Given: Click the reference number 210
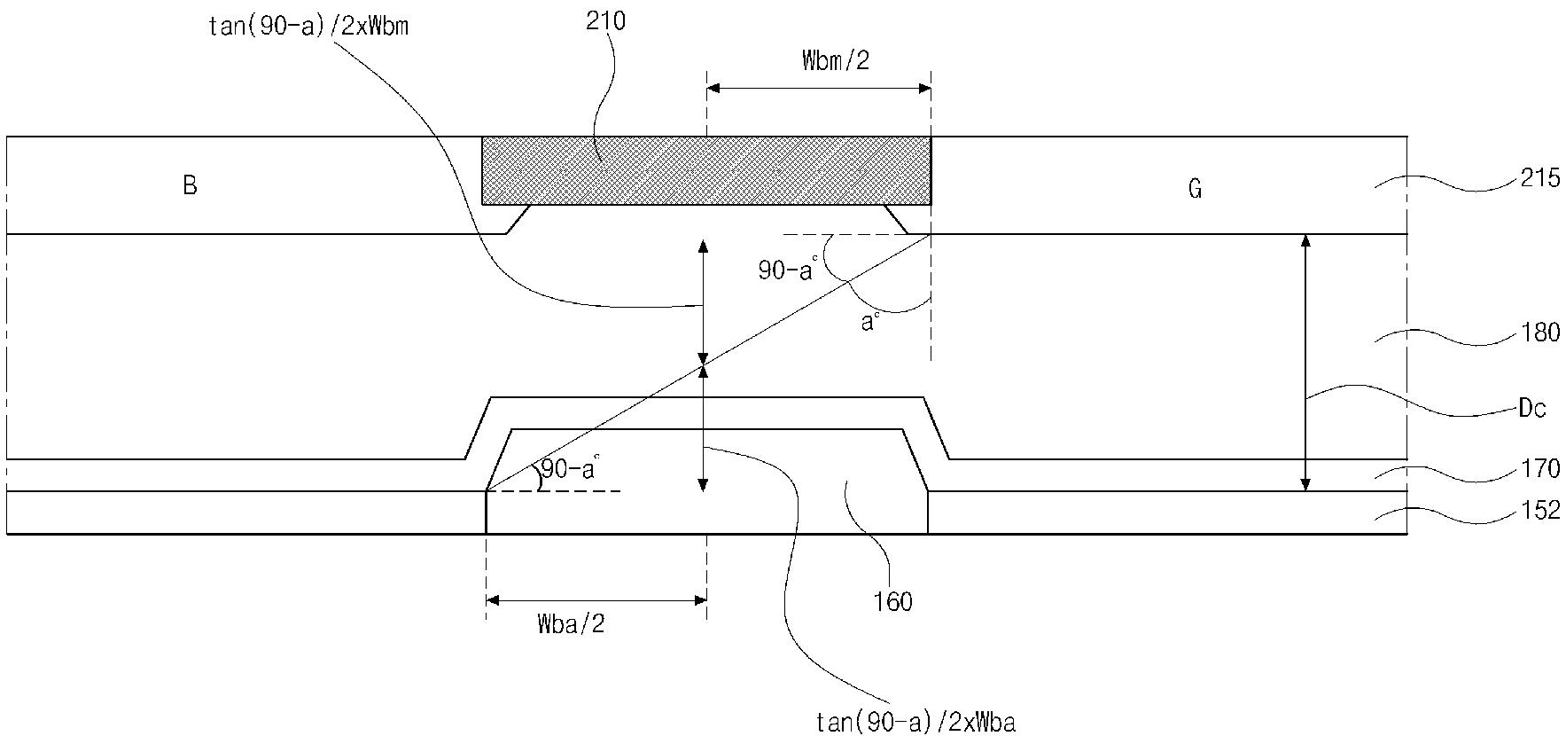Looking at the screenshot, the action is (605, 20).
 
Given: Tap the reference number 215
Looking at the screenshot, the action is (1539, 178).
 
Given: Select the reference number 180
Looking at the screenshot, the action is (1539, 333).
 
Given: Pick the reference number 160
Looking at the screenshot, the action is (892, 602).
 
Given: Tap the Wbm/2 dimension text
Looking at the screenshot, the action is (836, 60).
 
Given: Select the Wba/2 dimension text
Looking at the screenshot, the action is (572, 624).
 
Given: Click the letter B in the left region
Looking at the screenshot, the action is (190, 185).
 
